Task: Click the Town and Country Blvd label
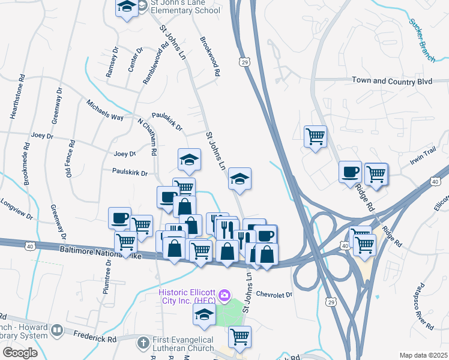(x=391, y=80)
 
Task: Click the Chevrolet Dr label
(x=273, y=295)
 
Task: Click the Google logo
(x=20, y=353)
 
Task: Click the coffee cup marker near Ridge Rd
(x=350, y=172)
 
